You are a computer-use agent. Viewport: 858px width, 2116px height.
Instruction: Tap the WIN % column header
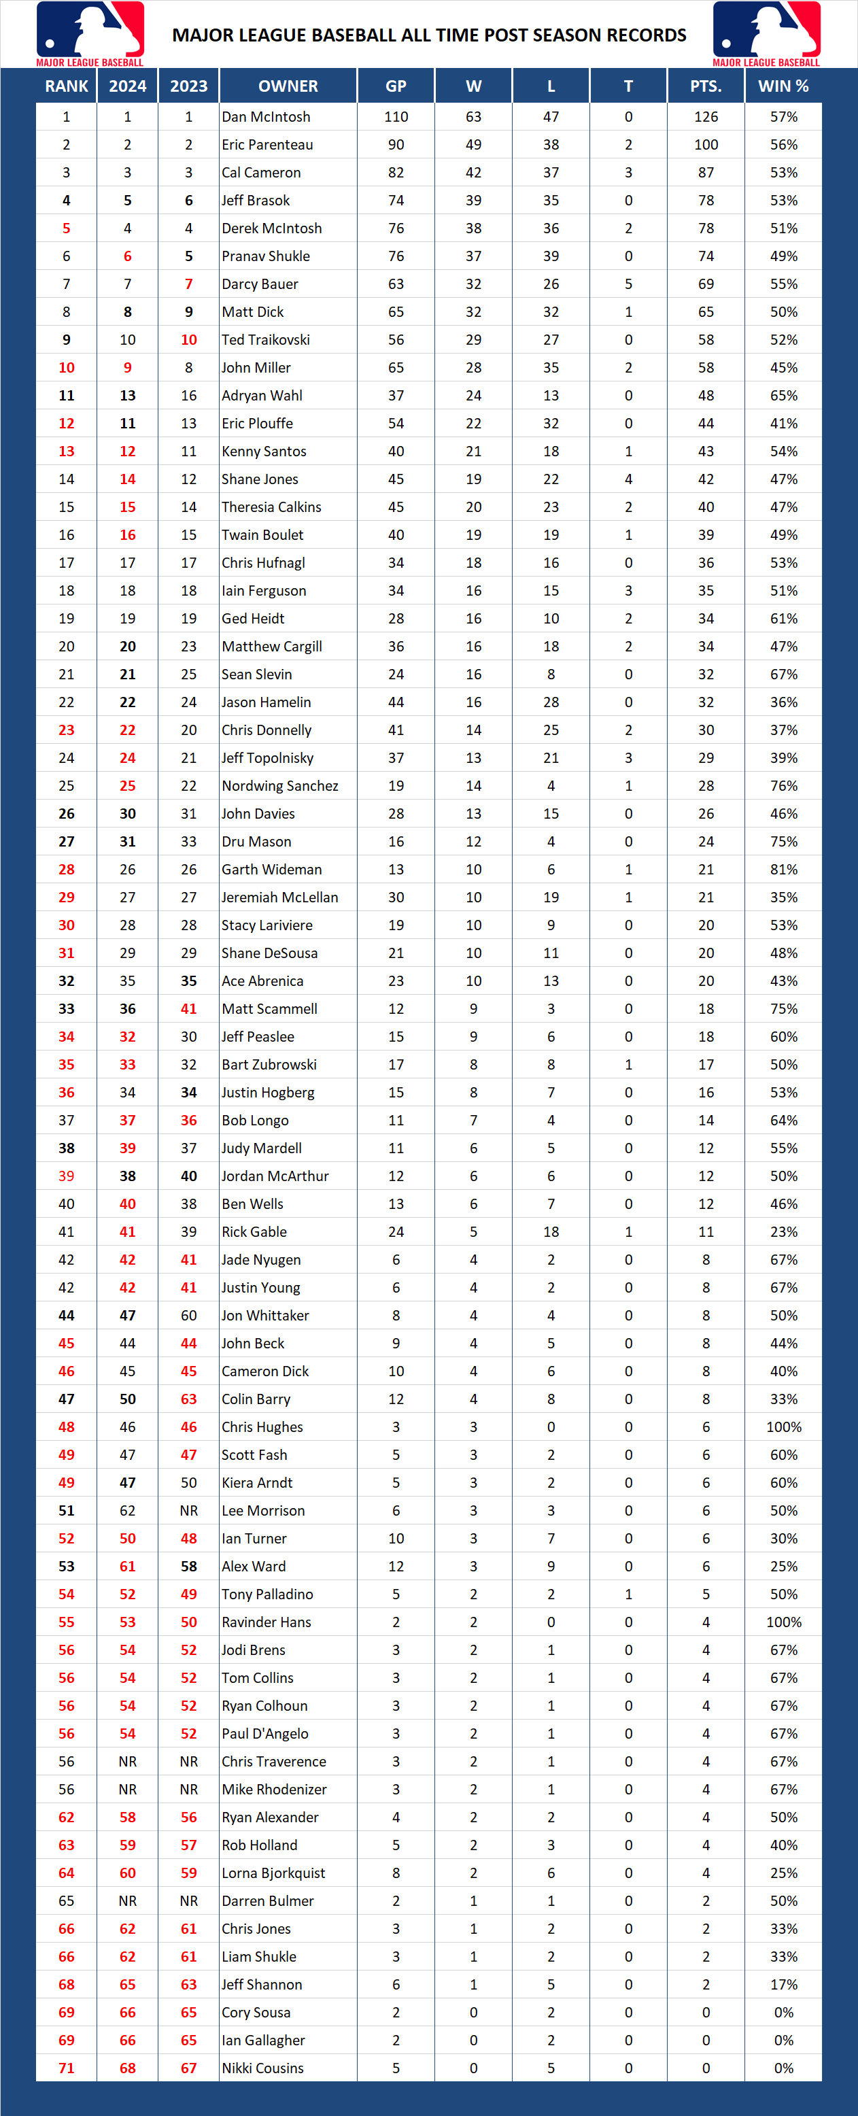pyautogui.click(x=783, y=86)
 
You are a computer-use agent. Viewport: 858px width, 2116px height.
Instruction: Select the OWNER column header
pyautogui.click(x=288, y=86)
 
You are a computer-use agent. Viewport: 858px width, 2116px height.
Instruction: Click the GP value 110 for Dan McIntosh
pyautogui.click(x=396, y=117)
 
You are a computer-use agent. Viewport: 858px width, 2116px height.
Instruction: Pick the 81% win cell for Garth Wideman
pyautogui.click(x=783, y=869)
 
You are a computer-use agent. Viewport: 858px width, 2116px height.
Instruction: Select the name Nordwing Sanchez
pyautogui.click(x=280, y=785)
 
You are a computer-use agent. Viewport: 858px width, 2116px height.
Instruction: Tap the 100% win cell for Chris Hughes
pyautogui.click(x=783, y=1427)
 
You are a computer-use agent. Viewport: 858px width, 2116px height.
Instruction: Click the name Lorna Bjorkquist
pyautogui.click(x=273, y=1873)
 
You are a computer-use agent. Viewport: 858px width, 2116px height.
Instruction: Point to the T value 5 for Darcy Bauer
pyautogui.click(x=628, y=284)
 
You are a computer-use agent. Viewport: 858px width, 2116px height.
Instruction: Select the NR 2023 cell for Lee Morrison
pyautogui.click(x=189, y=1511)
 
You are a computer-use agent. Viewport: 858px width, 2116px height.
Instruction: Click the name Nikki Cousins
pyautogui.click(x=262, y=2068)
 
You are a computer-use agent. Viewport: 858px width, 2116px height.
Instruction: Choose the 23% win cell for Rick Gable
pyautogui.click(x=783, y=1231)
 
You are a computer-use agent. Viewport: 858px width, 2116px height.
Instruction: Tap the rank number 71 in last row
pyautogui.click(x=67, y=2068)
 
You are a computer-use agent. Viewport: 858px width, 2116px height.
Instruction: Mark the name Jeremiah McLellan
pyautogui.click(x=280, y=897)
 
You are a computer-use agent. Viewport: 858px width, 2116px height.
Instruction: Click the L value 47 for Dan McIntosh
pyautogui.click(x=551, y=117)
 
